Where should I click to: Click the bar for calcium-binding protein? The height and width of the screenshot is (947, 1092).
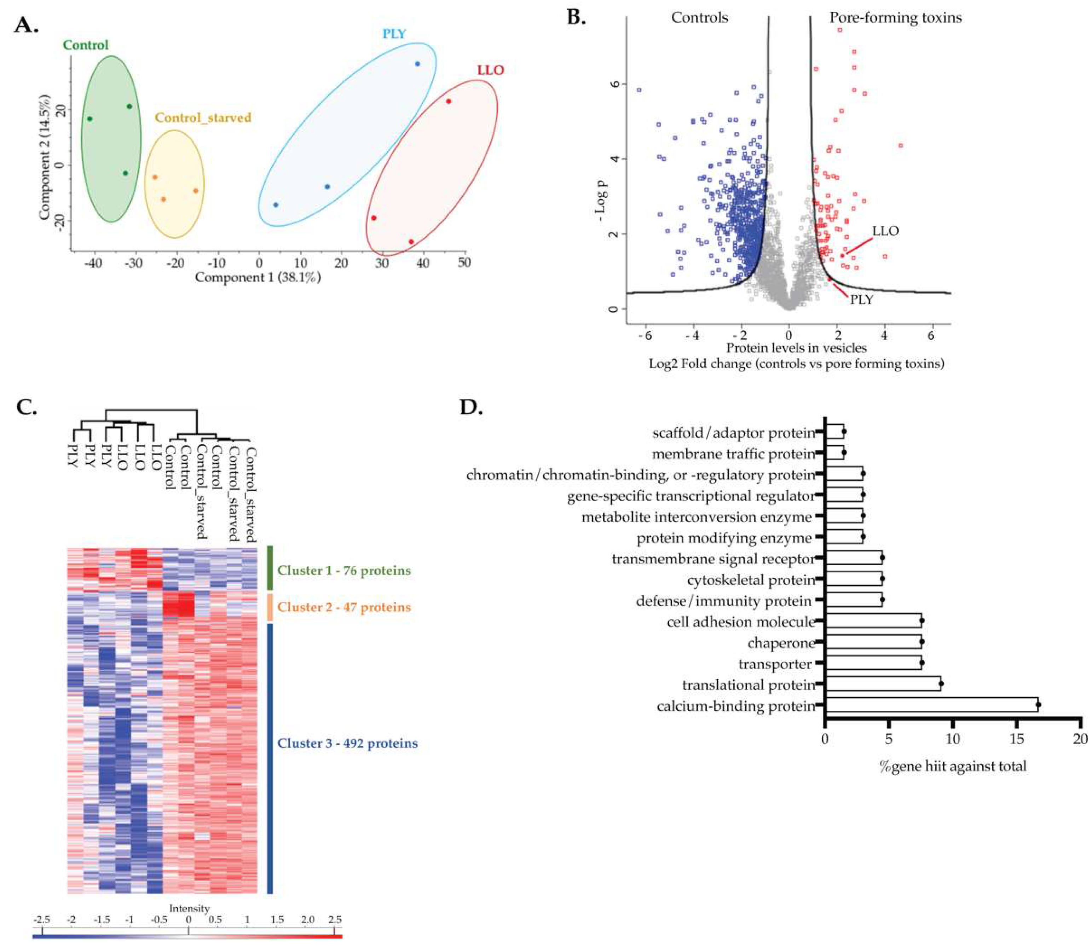click(930, 705)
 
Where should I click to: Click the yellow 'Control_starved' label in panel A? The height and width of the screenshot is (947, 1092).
click(203, 117)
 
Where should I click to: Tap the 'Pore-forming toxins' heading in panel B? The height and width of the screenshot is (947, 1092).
click(895, 17)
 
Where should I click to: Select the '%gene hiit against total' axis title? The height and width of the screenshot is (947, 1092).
click(953, 766)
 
